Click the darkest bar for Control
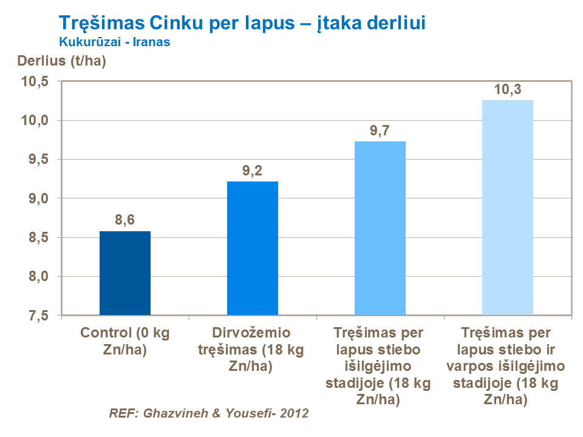124,273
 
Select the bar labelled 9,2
252,248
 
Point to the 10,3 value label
507,90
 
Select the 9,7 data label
380,131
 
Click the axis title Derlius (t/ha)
62,61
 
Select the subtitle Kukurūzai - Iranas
114,42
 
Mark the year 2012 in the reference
295,414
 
